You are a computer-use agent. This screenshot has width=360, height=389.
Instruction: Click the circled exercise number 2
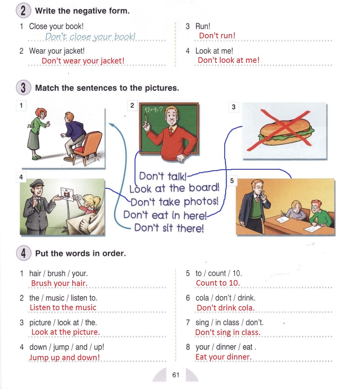(x=23, y=10)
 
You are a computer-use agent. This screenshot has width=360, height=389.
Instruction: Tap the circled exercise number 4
(x=23, y=253)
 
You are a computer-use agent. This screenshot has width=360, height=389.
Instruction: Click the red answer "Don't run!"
(x=217, y=36)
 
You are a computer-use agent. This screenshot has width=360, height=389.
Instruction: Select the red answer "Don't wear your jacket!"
(x=83, y=61)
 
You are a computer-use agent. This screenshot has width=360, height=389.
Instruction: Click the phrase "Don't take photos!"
(x=174, y=202)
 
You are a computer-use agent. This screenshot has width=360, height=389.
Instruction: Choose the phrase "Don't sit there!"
(x=169, y=228)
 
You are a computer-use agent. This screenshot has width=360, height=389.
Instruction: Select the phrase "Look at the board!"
(x=174, y=188)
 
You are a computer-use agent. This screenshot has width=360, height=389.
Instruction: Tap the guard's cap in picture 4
(x=37, y=183)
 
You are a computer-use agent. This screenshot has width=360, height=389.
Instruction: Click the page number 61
(x=176, y=375)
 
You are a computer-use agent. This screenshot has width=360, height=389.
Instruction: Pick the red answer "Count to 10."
(x=218, y=283)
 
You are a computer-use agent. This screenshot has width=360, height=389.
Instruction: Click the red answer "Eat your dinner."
(x=223, y=357)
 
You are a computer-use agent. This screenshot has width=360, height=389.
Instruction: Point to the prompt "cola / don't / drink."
(x=225, y=298)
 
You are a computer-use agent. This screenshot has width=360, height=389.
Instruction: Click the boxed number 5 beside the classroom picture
(x=232, y=181)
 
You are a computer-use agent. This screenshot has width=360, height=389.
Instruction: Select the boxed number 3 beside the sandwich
(x=233, y=107)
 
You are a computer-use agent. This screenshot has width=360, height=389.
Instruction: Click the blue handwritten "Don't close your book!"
(x=90, y=37)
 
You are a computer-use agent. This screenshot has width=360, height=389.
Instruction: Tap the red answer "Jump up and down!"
(x=64, y=357)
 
